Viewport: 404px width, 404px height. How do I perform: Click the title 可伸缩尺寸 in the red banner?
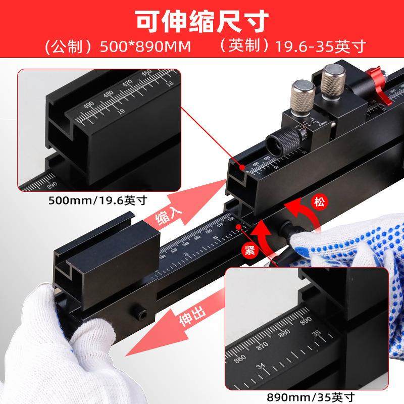tap(202, 20)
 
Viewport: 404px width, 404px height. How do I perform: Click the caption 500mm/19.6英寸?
tap(97, 200)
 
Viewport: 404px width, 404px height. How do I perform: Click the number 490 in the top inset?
tap(90, 105)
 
